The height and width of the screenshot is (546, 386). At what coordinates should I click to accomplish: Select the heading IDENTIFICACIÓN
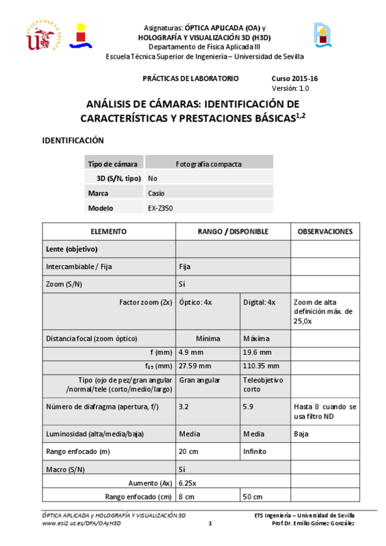(73, 140)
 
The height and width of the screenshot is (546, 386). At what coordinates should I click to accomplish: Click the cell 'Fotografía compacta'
(209, 164)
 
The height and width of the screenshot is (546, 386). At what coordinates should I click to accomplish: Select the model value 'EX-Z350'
(160, 208)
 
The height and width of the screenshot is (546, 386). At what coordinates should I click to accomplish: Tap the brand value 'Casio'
(156, 193)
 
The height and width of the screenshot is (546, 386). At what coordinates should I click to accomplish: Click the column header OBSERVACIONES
(325, 231)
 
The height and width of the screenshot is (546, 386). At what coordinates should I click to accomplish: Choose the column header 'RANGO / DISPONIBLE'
(233, 231)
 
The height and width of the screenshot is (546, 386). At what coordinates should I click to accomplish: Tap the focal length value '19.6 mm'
(257, 352)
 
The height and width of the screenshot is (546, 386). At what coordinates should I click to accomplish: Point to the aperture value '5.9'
(248, 407)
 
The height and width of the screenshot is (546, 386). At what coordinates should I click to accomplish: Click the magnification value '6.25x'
(188, 482)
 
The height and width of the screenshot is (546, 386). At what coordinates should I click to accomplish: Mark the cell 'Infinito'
(255, 451)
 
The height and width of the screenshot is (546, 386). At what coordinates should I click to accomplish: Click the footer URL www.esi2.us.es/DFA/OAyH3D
(81, 523)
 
